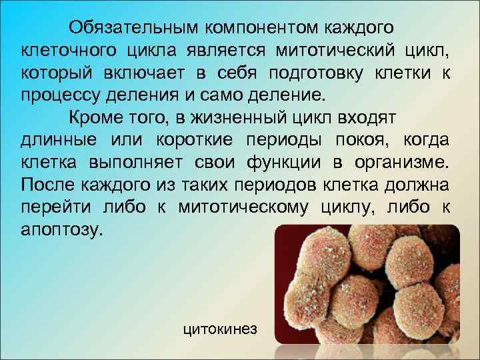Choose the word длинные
(57, 141)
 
